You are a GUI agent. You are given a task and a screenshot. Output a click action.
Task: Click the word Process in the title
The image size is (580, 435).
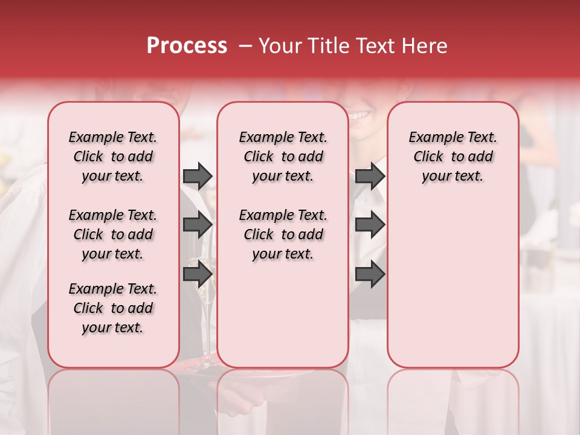pos(187,46)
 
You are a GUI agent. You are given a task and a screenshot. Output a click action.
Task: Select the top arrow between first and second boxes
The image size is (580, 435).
pos(198,176)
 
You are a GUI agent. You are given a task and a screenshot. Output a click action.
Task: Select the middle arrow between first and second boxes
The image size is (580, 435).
pos(198,225)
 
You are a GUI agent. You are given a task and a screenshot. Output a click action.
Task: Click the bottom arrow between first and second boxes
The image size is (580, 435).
pos(198,274)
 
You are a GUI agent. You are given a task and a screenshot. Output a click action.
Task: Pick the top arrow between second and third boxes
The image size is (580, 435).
pos(370,176)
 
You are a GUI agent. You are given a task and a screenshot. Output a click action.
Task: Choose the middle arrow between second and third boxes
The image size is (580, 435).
pos(370,225)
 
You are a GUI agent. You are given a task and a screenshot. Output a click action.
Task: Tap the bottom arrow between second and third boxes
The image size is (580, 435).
pos(370,274)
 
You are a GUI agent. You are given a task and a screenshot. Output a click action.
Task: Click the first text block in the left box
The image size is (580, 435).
pos(113,156)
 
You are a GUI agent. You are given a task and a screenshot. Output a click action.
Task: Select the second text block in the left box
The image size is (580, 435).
pos(113,234)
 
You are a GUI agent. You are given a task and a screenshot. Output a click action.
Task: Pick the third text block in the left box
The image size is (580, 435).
pos(113,308)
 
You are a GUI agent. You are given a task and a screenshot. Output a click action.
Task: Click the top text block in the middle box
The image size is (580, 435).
pos(283,156)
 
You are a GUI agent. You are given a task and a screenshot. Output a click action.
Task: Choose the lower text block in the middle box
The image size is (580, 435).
pos(283,234)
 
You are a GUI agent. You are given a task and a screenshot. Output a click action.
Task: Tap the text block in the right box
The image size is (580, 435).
pos(453,156)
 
